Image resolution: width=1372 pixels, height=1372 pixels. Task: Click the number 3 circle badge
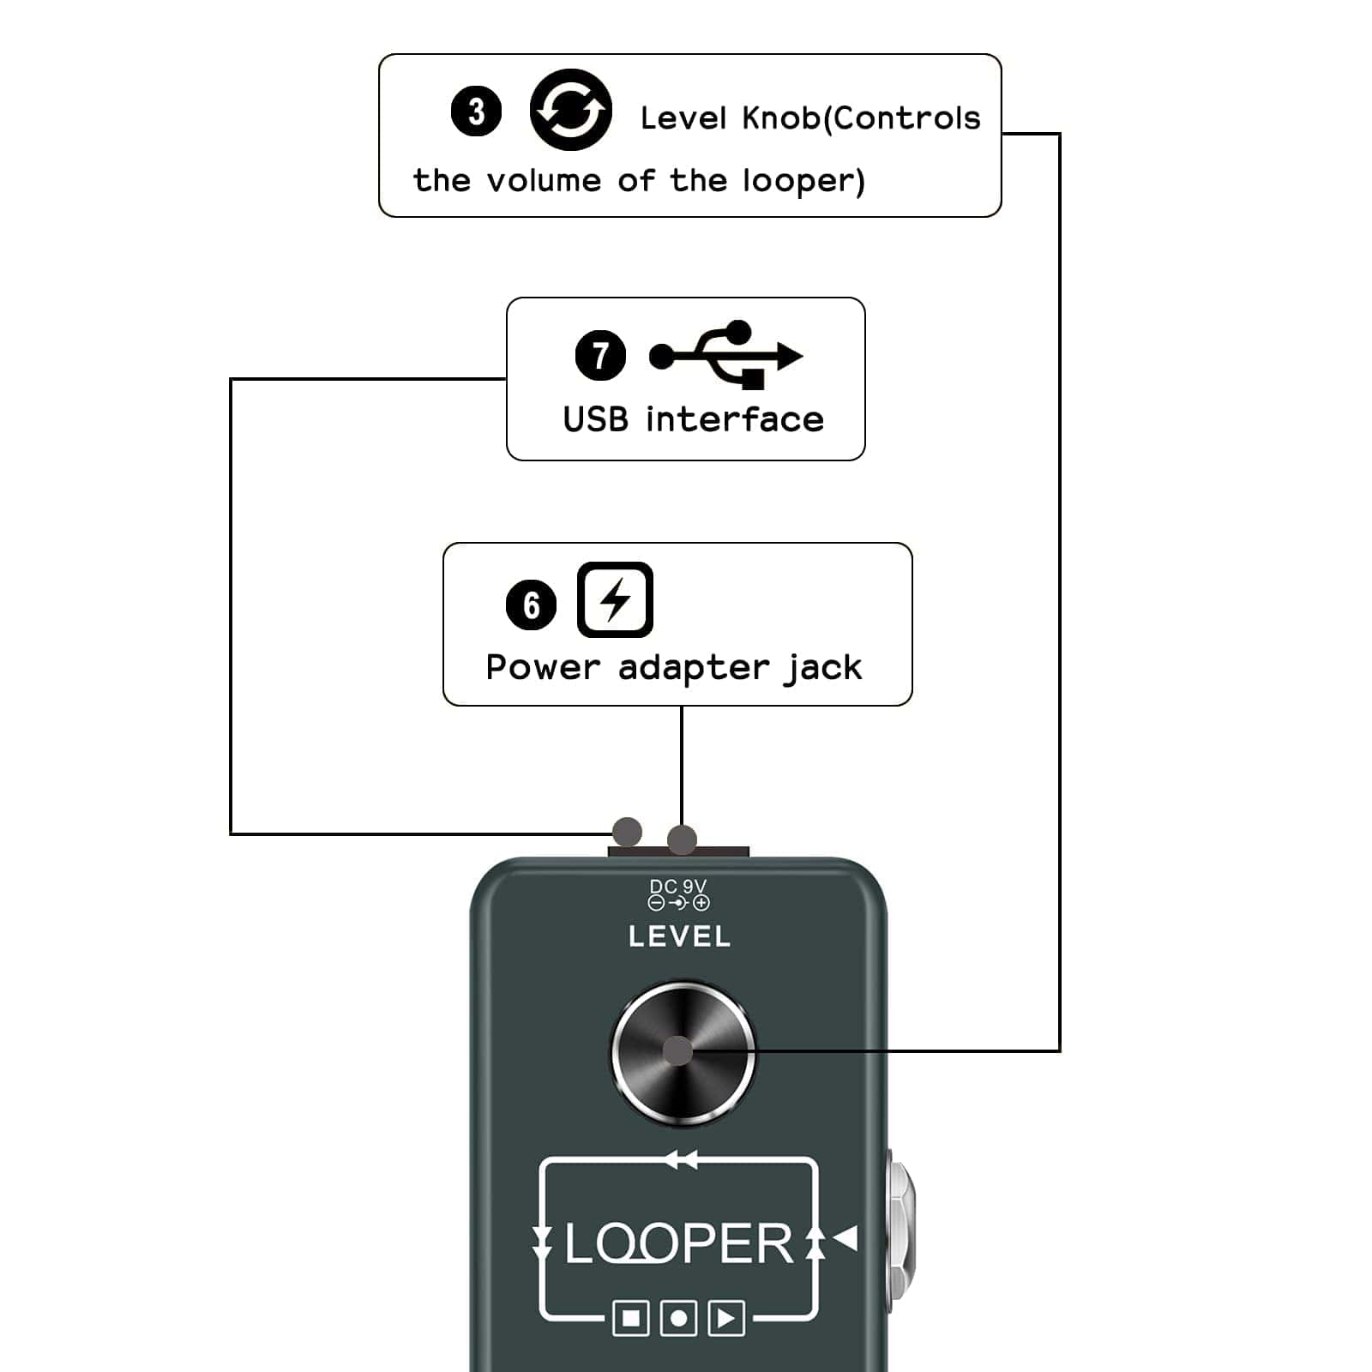[476, 111]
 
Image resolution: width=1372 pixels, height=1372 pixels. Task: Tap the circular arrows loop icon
[570, 110]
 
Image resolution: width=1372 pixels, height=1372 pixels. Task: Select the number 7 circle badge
[600, 355]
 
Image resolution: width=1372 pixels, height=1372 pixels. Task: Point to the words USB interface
[693, 420]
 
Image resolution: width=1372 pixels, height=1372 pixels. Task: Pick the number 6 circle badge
[531, 605]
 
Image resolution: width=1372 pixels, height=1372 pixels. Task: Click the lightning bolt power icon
[615, 599]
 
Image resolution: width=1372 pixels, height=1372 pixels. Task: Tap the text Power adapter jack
[674, 667]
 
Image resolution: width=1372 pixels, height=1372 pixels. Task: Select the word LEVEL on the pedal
[679, 936]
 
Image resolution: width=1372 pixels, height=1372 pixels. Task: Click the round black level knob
[683, 1053]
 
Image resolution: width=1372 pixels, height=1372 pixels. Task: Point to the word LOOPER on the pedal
[678, 1244]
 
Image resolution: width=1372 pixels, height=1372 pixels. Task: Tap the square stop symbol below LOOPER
[631, 1318]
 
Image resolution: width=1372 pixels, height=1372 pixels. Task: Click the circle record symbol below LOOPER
[678, 1318]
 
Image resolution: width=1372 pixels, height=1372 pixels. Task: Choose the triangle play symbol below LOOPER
[726, 1318]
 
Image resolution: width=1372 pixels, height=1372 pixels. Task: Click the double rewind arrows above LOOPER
[681, 1160]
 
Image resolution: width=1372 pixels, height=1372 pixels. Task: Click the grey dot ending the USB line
[627, 832]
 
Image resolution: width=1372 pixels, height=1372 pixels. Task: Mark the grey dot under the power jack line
[682, 839]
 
